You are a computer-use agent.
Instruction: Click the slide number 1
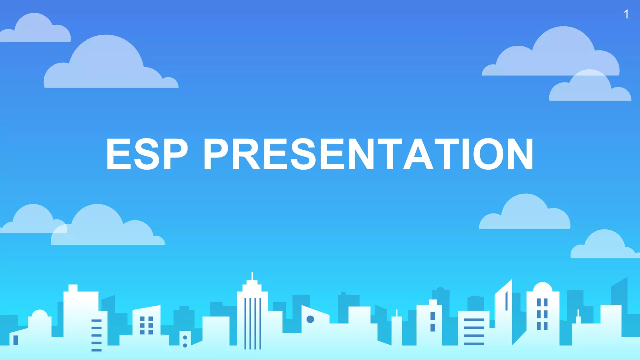[626, 14]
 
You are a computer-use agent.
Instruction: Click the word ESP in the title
[147, 154]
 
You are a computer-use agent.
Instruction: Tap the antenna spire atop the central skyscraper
[252, 276]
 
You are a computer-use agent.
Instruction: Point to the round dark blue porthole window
[310, 319]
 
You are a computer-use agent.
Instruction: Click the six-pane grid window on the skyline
[146, 325]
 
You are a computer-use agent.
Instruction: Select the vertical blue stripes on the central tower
[252, 323]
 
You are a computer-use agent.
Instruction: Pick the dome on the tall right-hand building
[542, 287]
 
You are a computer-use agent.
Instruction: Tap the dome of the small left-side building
[40, 314]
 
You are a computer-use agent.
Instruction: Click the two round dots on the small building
[185, 341]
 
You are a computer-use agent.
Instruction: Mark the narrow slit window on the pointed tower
[506, 301]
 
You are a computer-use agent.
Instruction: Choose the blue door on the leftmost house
[16, 340]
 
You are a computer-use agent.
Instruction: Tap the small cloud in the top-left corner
[35, 30]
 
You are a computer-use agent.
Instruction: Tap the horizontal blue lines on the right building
[474, 331]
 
